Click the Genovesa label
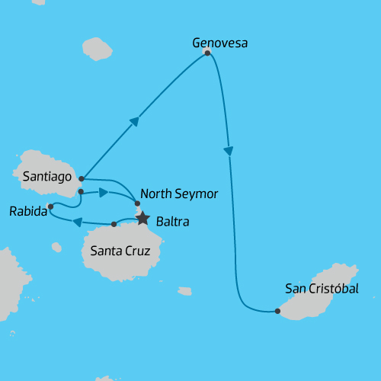pos(220,43)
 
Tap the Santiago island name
pos(47,177)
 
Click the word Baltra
pos(172,223)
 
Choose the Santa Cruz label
pos(120,251)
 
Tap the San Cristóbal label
pos(321,288)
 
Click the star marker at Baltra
pos(142,219)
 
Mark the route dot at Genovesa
pos(207,53)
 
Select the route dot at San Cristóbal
pos(277,311)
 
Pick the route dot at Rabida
pos(50,206)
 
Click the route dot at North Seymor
pos(137,203)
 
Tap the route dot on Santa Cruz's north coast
pos(114,224)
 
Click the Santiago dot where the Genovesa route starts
pos(81,178)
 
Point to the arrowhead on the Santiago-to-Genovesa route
pos(135,121)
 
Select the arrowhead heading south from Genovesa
pos(228,152)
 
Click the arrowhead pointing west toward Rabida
pos(77,222)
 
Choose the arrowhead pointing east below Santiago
pos(103,192)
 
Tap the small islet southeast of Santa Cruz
pos(184,290)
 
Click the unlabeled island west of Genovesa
pos(97,48)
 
